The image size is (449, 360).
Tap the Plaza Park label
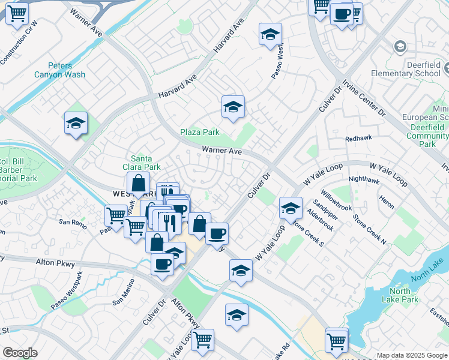click(x=200, y=132)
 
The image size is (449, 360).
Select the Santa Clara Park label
click(x=146, y=163)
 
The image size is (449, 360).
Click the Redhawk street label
click(x=359, y=138)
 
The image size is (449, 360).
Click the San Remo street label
click(x=72, y=222)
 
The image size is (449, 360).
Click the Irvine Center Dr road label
click(x=364, y=98)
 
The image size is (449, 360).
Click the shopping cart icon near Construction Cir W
click(x=17, y=13)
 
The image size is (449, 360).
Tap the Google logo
click(x=20, y=353)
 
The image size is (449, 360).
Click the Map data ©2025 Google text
click(x=412, y=355)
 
